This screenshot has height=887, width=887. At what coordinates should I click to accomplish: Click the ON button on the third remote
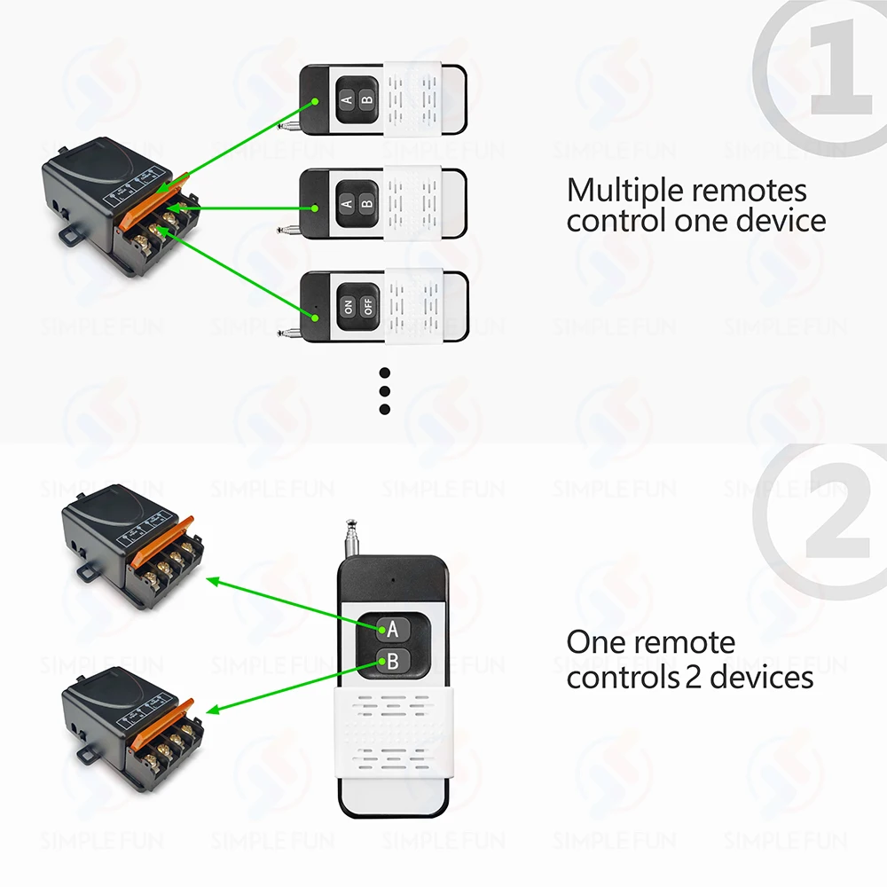coord(347,307)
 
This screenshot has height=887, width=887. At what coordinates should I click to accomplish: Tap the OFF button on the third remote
coord(366,307)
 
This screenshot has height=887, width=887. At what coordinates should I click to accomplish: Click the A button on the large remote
coord(392,629)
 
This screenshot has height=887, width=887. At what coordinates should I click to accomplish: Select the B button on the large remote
coord(392,660)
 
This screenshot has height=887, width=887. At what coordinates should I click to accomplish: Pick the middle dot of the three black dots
coord(385,390)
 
